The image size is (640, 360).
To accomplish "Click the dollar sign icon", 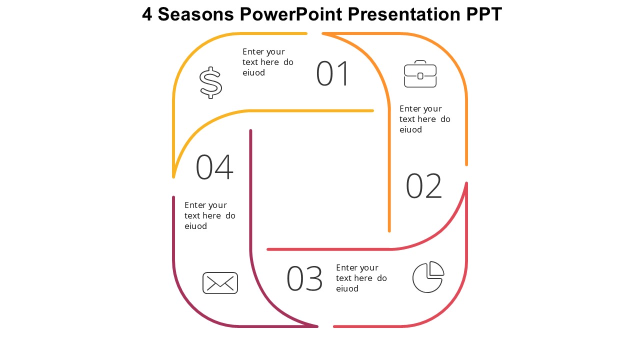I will (210, 82).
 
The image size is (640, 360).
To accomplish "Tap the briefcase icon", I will (420, 74).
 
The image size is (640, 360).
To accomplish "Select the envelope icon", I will (220, 283).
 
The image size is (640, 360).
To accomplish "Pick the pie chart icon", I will (427, 277).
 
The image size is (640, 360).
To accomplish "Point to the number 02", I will (423, 186).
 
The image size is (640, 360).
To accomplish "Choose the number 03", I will (304, 279).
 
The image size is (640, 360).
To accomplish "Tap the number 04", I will (214, 167).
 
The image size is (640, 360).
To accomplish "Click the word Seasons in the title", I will (195, 14).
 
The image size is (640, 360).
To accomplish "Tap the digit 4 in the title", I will (147, 14).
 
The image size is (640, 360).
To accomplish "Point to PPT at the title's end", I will (484, 14).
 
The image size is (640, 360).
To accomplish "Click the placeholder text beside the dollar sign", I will (267, 62).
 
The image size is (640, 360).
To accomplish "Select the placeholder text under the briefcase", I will (424, 119).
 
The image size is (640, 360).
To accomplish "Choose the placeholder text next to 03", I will (361, 278).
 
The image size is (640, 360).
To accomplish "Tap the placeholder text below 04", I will (209, 215).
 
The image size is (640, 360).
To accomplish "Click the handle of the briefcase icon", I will (420, 62).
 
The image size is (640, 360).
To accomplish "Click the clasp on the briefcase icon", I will (420, 76).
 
